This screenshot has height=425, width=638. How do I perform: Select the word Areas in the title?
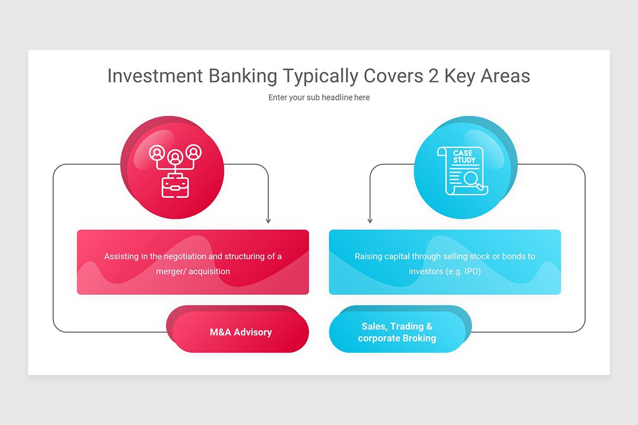505,76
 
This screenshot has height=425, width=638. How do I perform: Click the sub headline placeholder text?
319,98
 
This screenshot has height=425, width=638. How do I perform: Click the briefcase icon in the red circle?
175,185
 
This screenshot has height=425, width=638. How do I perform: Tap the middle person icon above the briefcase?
175,157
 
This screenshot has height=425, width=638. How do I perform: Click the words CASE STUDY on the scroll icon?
463,156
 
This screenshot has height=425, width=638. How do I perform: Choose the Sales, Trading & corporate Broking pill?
397,333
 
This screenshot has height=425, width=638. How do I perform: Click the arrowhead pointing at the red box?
268,220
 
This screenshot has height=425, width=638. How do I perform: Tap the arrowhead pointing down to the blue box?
370,220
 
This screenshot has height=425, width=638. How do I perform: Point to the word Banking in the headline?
242,76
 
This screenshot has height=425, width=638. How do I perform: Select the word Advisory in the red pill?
253,333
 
